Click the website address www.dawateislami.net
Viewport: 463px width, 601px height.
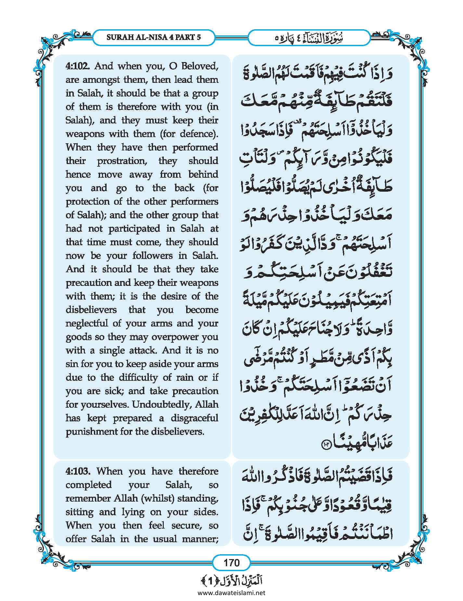231,593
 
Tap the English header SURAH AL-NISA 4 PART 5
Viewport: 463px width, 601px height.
153,37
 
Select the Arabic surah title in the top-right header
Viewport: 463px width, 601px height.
309,37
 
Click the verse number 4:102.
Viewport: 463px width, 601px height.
78,66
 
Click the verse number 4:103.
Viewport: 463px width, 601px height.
78,471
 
